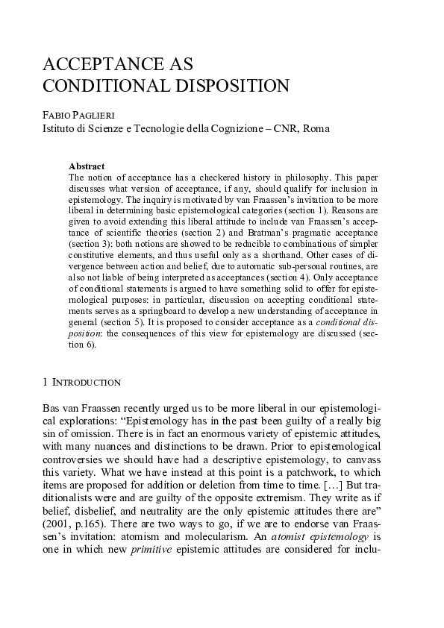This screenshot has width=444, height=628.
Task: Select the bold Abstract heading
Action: click(87, 166)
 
